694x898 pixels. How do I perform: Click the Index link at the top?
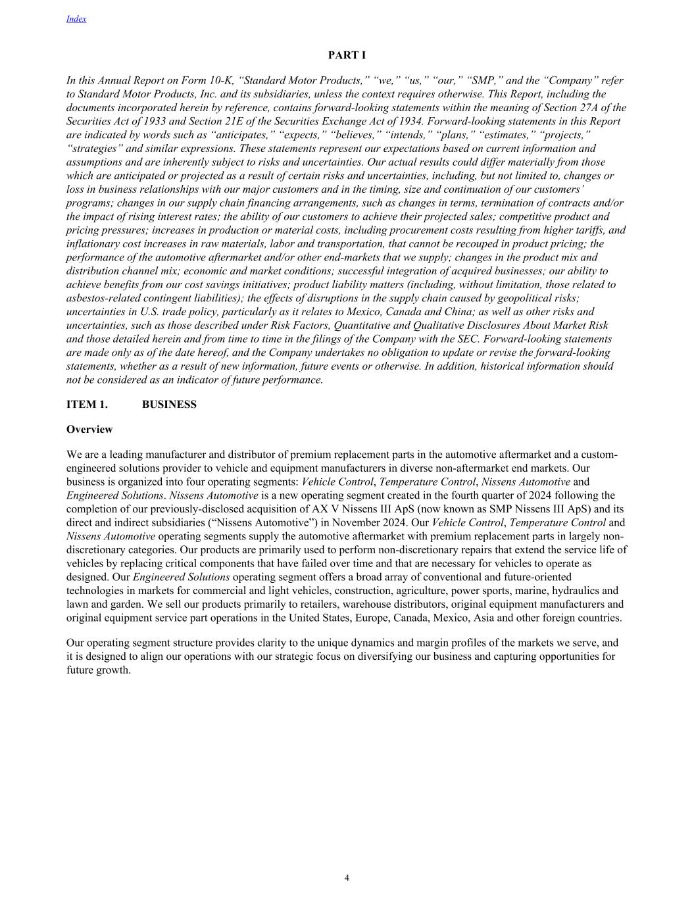click(x=76, y=19)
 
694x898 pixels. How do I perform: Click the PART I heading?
click(x=347, y=55)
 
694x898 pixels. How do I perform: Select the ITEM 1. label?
click(x=87, y=405)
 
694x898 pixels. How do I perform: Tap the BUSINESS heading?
click(x=169, y=405)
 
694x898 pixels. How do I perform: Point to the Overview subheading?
click(x=89, y=430)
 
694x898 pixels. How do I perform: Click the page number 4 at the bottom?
click(x=347, y=878)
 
